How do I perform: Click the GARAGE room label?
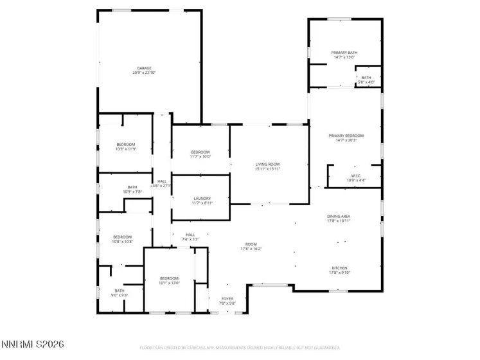(x=143, y=68)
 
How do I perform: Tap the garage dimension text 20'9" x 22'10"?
(x=143, y=73)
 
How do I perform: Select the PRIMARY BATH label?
(x=344, y=53)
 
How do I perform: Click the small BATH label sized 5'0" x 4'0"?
(x=365, y=78)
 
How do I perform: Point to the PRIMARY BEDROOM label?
(x=346, y=136)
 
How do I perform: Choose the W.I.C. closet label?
(x=356, y=175)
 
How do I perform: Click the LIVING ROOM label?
(x=267, y=164)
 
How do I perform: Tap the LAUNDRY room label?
(x=201, y=198)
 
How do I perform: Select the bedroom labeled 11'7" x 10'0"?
(x=200, y=152)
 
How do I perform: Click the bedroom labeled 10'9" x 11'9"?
(x=126, y=144)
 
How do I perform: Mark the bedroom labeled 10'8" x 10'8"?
(x=122, y=237)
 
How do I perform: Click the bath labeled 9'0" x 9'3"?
(x=120, y=291)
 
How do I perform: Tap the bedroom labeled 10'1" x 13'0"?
(x=170, y=278)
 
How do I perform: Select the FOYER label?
(x=227, y=298)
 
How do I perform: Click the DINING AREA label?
(x=339, y=217)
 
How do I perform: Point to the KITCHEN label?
(x=339, y=268)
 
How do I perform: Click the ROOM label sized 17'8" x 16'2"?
(x=251, y=244)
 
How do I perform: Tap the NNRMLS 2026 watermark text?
(x=33, y=345)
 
